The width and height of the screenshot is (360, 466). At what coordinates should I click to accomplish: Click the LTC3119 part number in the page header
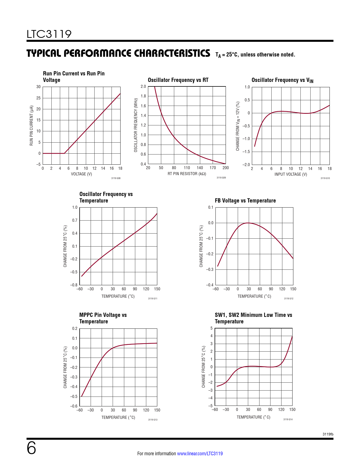point(49,34)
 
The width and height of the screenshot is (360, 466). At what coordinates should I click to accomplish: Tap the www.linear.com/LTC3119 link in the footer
point(200,454)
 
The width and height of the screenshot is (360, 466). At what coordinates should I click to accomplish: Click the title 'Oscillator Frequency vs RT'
point(178,80)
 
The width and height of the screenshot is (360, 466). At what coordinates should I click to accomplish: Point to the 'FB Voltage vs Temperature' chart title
point(245,201)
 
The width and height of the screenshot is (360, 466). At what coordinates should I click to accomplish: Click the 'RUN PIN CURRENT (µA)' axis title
point(31,126)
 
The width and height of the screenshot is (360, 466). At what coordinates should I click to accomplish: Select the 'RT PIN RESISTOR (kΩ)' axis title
point(187,174)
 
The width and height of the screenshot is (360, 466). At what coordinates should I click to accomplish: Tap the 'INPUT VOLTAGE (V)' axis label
point(291,174)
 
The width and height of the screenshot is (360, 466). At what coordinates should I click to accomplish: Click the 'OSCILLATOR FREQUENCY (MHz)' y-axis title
point(136,125)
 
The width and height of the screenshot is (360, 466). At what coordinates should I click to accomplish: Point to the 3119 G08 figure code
point(116,178)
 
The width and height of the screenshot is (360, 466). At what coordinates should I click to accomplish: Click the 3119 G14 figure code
point(288,419)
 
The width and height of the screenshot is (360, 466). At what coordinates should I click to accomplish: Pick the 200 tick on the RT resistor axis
point(226,168)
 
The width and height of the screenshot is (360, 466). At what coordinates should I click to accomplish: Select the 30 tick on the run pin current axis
point(38,87)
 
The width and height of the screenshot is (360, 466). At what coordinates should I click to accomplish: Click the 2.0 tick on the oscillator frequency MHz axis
point(143,86)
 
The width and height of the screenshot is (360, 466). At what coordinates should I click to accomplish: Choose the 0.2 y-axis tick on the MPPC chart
point(75,328)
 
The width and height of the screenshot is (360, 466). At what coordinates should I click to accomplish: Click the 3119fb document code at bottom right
point(328,434)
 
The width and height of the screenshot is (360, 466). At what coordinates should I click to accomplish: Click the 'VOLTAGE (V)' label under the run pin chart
point(81,174)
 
